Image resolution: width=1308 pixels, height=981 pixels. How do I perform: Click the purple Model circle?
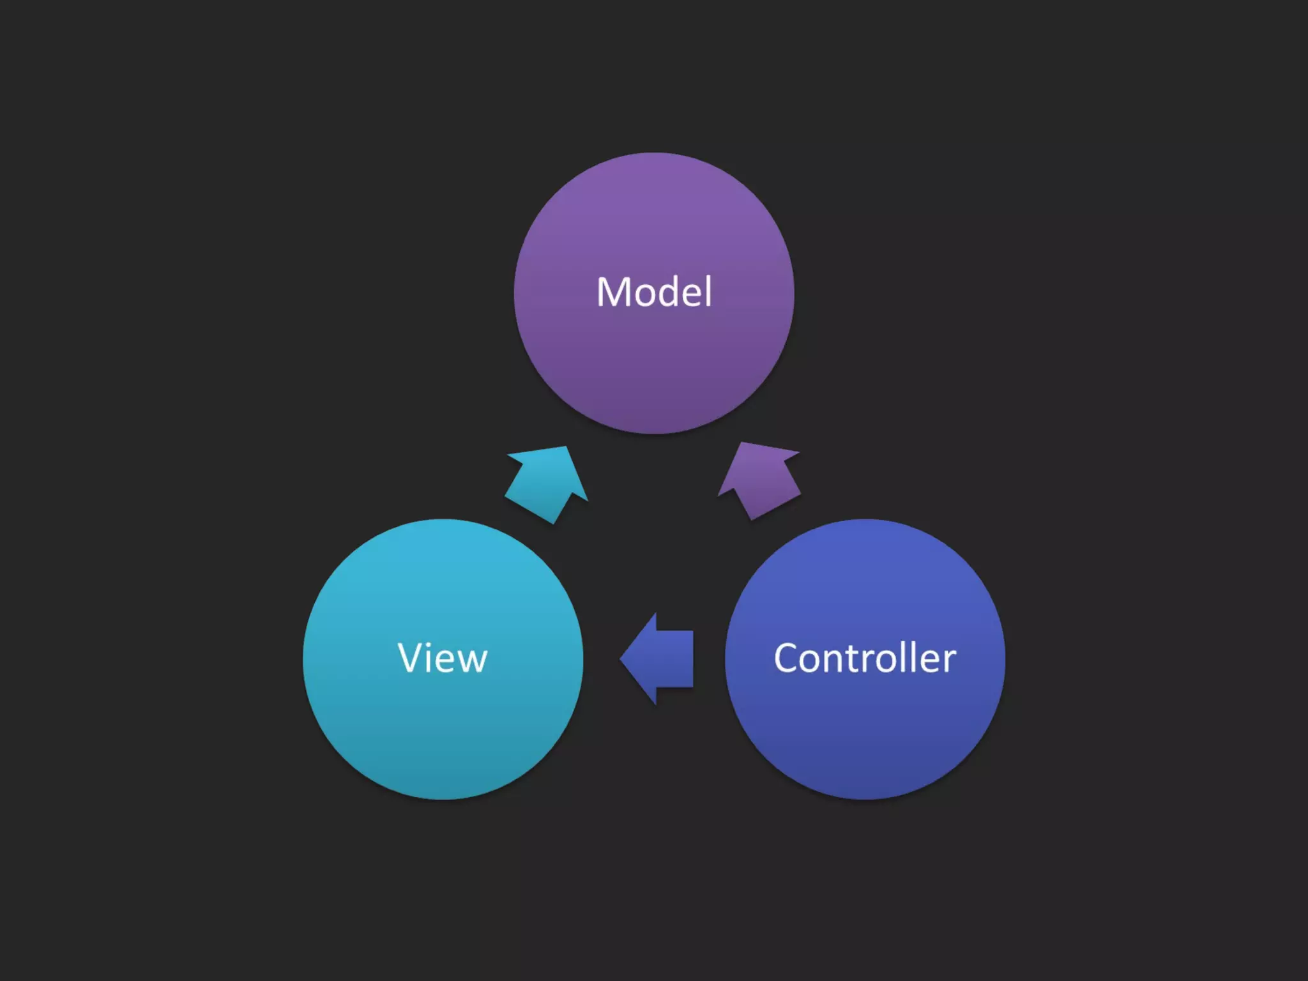[x=654, y=358]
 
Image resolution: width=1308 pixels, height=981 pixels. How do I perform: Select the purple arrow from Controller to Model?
[x=760, y=479]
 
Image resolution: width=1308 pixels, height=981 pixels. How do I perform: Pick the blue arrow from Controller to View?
[x=661, y=658]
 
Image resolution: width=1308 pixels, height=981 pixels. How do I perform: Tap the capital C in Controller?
[x=787, y=658]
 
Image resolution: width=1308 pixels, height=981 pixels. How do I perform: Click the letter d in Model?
[x=669, y=293]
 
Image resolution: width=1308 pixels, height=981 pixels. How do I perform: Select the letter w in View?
[x=470, y=662]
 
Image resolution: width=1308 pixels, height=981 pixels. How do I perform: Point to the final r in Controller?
[x=950, y=662]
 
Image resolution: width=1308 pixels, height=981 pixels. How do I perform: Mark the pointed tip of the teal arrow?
[x=565, y=448]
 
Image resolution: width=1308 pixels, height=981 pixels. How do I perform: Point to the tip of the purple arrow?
[x=741, y=444]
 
